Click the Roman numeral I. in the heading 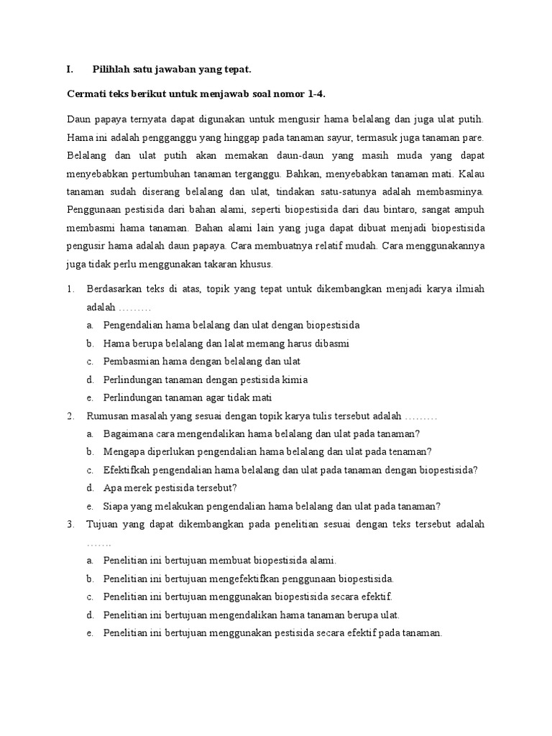coord(70,70)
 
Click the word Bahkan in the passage coord(303,173)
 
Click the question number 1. coord(70,289)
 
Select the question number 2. coord(70,416)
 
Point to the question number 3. coord(70,525)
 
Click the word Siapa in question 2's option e coord(116,506)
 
